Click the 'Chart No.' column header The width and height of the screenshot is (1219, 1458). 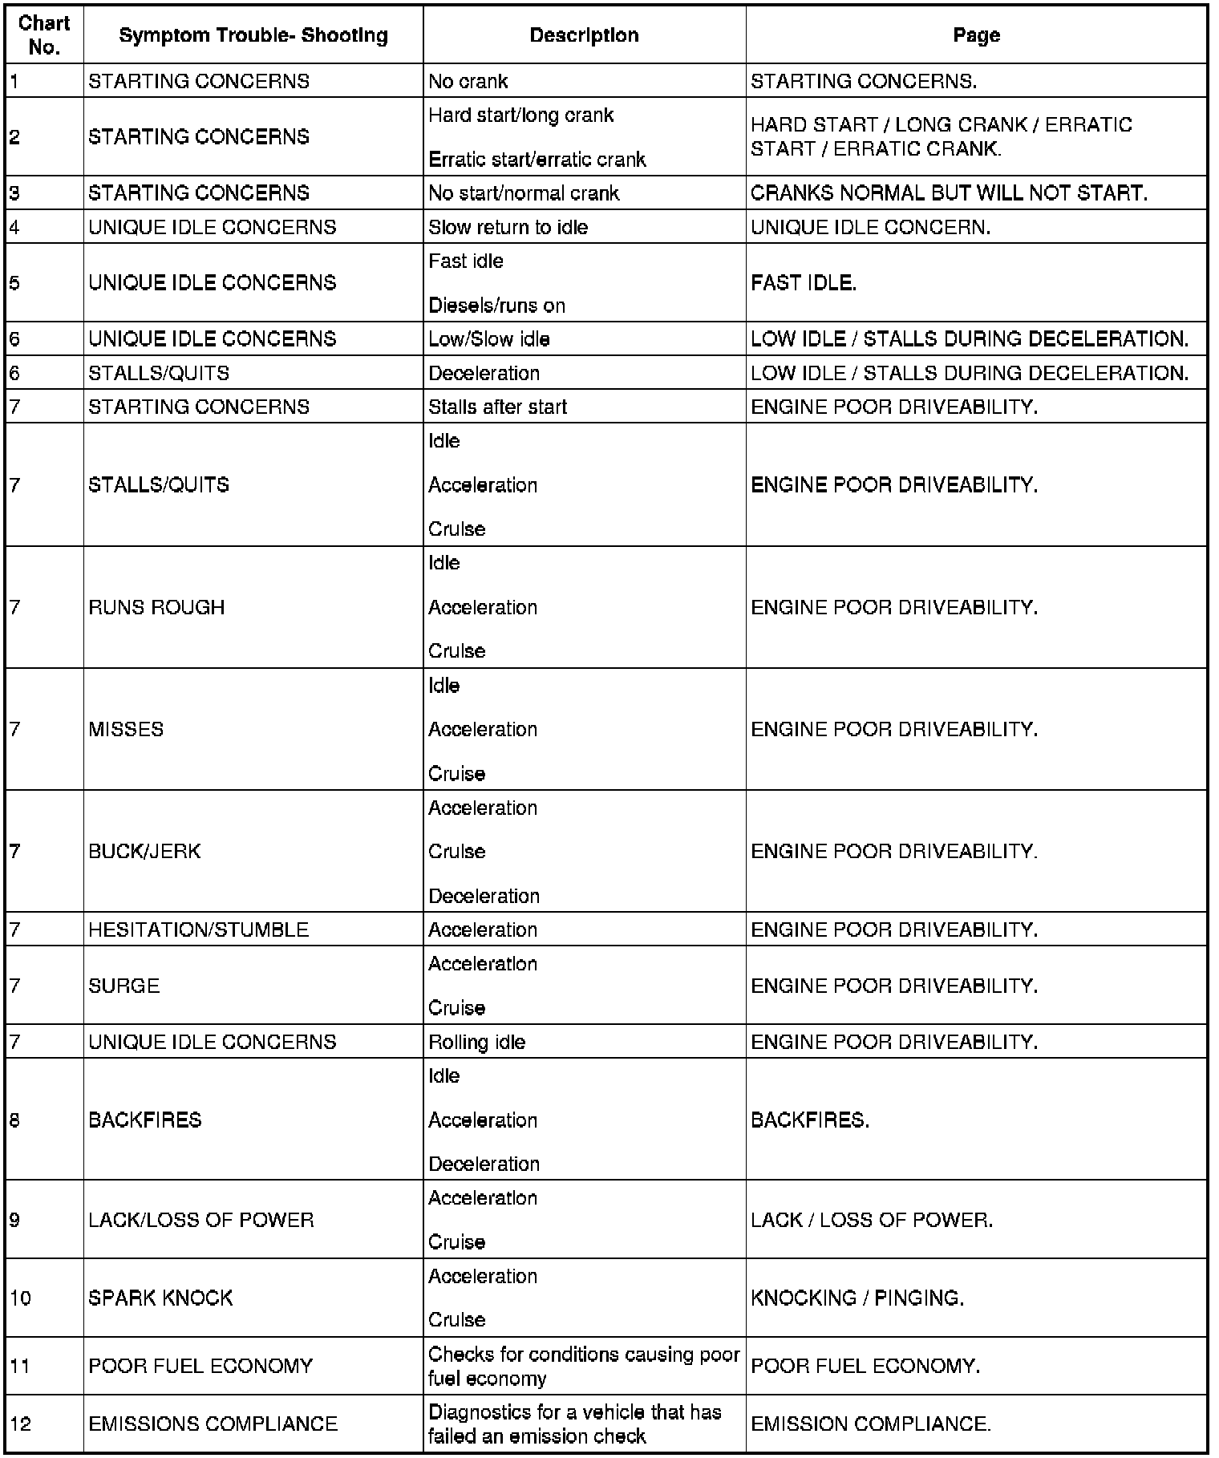pyautogui.click(x=44, y=35)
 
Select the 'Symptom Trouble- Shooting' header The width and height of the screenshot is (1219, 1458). pyautogui.click(x=253, y=35)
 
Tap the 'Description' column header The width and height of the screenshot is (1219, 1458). pyautogui.click(x=584, y=35)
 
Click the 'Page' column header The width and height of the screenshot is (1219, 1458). pyautogui.click(x=976, y=35)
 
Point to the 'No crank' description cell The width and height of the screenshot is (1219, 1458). pyautogui.click(x=468, y=81)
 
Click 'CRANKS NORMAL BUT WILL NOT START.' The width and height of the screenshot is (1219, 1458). pyautogui.click(x=949, y=193)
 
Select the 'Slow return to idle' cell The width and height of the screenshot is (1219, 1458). pyautogui.click(x=508, y=228)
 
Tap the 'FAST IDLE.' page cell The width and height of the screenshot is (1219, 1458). pyautogui.click(x=804, y=283)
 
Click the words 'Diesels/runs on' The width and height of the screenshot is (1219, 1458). pyautogui.click(x=496, y=306)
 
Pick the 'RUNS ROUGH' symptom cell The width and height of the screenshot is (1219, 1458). pyautogui.click(x=156, y=607)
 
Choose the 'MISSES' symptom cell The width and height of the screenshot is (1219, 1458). pyautogui.click(x=126, y=729)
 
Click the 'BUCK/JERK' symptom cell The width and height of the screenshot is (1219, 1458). pyautogui.click(x=144, y=851)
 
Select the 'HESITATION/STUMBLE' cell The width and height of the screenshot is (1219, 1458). pyautogui.click(x=198, y=929)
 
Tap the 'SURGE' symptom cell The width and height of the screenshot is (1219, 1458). pyautogui.click(x=124, y=986)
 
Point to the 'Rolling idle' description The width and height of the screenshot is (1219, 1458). pyautogui.click(x=476, y=1042)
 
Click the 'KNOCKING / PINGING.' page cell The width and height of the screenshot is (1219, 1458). pyautogui.click(x=857, y=1298)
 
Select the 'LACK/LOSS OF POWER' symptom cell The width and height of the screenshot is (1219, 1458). pyautogui.click(x=201, y=1220)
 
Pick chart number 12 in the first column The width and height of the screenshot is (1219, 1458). pyautogui.click(x=21, y=1424)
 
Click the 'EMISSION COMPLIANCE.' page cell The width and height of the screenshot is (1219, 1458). pyautogui.click(x=871, y=1424)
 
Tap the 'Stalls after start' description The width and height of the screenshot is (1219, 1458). pyautogui.click(x=497, y=407)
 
